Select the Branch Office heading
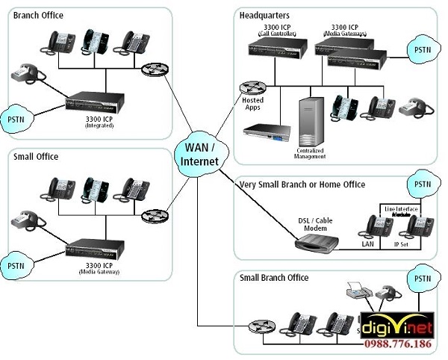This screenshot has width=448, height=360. click(38, 15)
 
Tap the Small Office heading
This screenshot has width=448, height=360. click(36, 157)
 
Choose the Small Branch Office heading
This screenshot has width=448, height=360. click(274, 278)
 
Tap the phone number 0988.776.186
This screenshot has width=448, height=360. click(396, 344)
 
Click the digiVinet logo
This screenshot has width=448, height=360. click(396, 324)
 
